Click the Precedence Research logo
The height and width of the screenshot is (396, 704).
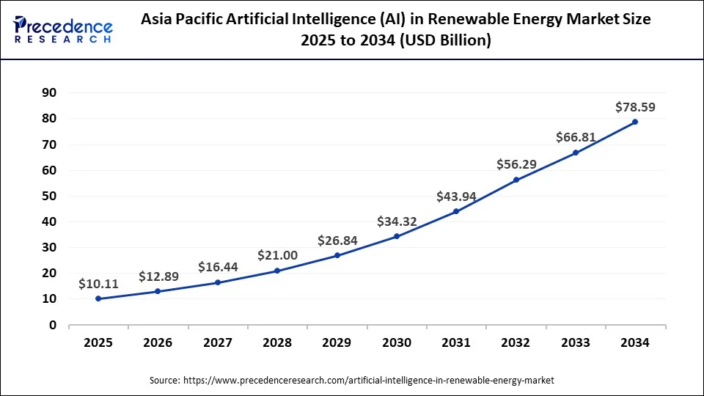[63, 29]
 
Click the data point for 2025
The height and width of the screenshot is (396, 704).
[98, 298]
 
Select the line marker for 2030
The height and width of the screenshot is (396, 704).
[397, 236]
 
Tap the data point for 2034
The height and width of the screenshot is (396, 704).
[635, 122]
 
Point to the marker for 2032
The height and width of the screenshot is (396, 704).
[516, 180]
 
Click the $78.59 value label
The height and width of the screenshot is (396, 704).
[635, 107]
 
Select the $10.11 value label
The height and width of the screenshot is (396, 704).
[99, 284]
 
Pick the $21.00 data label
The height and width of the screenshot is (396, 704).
[277, 255]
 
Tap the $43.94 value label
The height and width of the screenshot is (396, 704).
[456, 197]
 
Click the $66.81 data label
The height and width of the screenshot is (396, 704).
[576, 138]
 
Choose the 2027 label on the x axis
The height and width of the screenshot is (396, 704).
[218, 343]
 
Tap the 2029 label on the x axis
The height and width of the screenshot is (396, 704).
[337, 343]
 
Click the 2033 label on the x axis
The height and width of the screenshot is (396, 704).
[576, 343]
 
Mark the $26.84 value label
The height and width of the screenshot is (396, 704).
[337, 241]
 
